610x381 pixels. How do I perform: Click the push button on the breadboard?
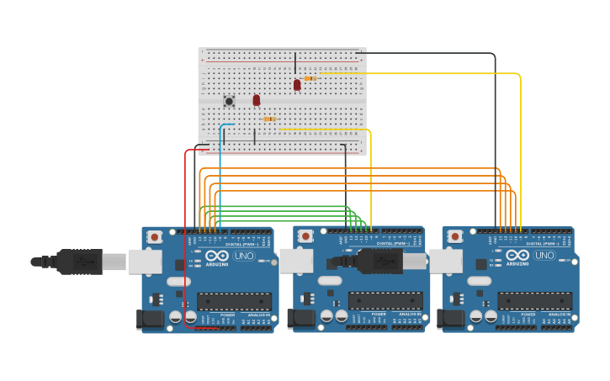[229, 102]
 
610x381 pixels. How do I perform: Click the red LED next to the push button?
[257, 100]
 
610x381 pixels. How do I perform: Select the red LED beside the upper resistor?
[297, 84]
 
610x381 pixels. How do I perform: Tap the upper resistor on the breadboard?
[310, 78]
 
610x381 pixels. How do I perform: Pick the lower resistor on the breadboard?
[269, 119]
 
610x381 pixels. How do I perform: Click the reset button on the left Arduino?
[155, 237]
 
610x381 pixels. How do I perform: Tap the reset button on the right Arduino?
[455, 237]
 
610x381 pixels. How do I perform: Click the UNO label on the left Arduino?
[243, 255]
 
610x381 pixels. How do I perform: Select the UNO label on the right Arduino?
[544, 255]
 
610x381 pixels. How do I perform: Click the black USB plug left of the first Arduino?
[80, 262]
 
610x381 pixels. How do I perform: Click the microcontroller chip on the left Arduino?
[234, 301]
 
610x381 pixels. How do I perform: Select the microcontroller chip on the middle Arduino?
[385, 301]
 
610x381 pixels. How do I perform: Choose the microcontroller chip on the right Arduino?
[534, 301]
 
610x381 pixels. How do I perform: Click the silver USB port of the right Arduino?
[446, 261]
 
